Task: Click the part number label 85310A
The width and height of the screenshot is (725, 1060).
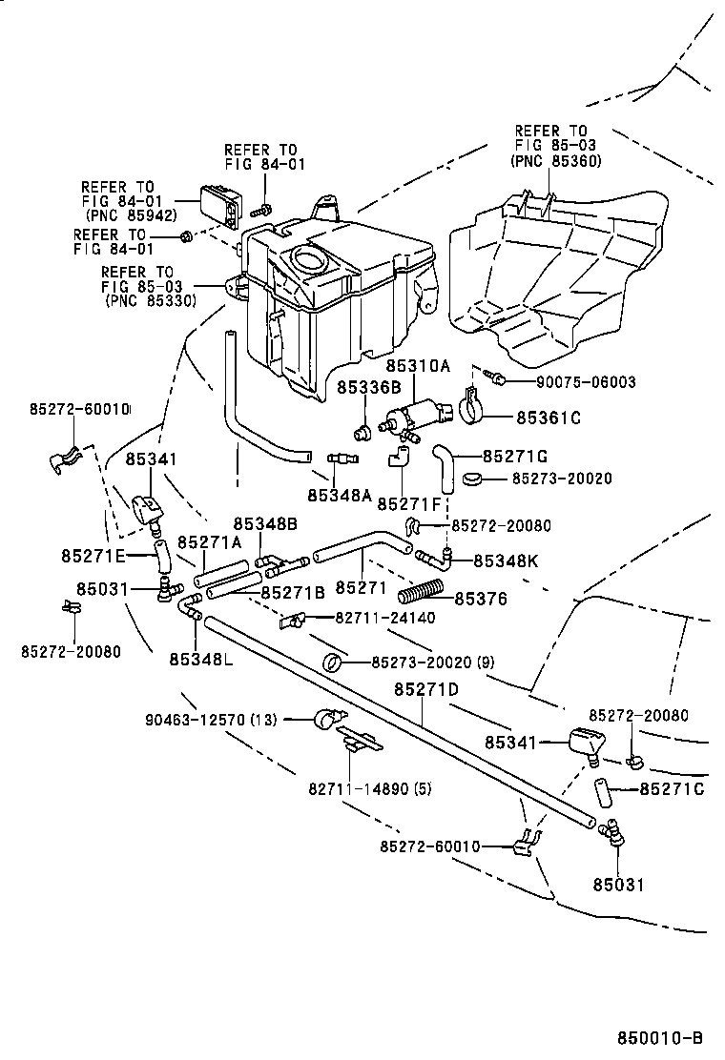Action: [424, 365]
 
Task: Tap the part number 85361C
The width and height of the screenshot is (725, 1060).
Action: [549, 417]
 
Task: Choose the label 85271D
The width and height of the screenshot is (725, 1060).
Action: [426, 689]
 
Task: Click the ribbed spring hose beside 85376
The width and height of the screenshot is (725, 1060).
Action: [421, 593]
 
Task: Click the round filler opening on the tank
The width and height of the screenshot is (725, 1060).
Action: [307, 256]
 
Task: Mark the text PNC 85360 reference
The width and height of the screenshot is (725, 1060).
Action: [555, 161]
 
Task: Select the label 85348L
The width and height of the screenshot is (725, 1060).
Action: [200, 659]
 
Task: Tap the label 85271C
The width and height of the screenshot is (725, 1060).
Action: [672, 788]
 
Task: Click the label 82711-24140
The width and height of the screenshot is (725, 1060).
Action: [384, 618]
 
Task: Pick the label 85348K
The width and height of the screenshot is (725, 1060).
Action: [506, 561]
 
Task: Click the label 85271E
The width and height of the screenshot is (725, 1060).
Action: [93, 556]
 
